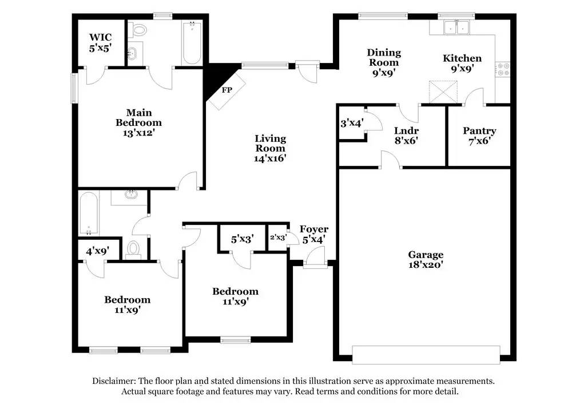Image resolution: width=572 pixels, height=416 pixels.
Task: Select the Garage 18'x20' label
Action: pos(426,259)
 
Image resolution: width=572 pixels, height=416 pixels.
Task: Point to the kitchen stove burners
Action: pos(503,70)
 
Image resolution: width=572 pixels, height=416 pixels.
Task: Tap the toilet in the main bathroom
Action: pos(138,30)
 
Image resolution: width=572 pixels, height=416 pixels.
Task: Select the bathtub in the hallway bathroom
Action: pos(89,214)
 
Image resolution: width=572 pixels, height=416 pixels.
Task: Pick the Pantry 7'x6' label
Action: pos(479,136)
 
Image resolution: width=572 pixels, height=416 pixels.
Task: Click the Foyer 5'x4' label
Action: pos(313,235)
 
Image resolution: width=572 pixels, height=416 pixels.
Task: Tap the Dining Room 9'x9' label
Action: pos(384,62)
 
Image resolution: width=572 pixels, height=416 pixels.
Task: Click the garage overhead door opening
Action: pos(426,355)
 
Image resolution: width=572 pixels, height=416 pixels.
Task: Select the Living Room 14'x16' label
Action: pos(271,148)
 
